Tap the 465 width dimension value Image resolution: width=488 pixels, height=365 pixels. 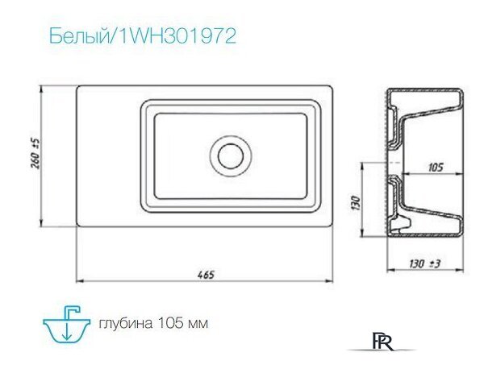click(x=206, y=273)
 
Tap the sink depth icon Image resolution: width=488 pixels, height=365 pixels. click(x=68, y=323)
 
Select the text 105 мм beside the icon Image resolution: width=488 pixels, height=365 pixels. click(x=181, y=324)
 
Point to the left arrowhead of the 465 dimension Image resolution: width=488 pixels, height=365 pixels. click(x=78, y=280)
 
